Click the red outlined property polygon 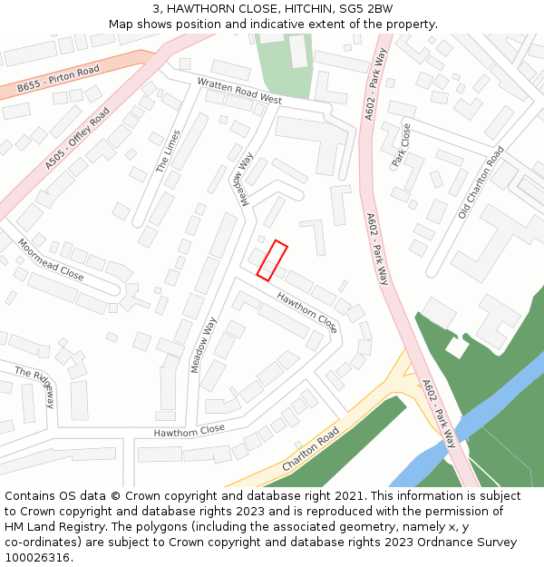(272, 259)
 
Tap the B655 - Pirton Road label (58, 79)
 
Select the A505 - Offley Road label (77, 138)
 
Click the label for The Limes (168, 151)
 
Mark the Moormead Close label (50, 259)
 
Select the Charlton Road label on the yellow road (310, 448)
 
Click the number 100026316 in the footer (37, 558)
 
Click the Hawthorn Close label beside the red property (306, 311)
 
